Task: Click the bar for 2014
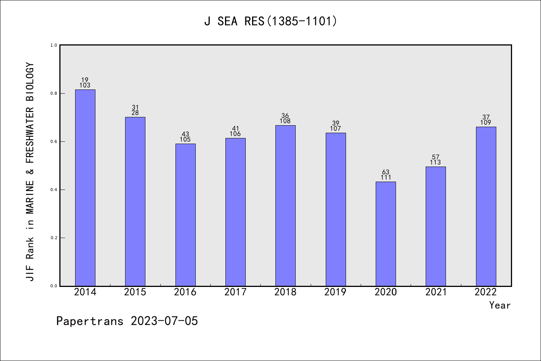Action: pyautogui.click(x=85, y=188)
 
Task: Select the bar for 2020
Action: pyautogui.click(x=385, y=234)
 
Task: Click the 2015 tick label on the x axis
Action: pyautogui.click(x=135, y=292)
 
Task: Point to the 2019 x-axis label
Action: pyautogui.click(x=335, y=292)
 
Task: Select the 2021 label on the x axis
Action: pyautogui.click(x=436, y=292)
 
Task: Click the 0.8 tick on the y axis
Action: pyautogui.click(x=54, y=93)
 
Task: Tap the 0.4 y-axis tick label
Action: pyautogui.click(x=54, y=190)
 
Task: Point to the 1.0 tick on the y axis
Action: pyautogui.click(x=54, y=45)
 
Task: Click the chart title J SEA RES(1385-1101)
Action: pyautogui.click(x=270, y=21)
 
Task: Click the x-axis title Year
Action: pyautogui.click(x=500, y=305)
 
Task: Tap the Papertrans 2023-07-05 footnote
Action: pyautogui.click(x=127, y=321)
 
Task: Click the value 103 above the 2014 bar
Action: pyautogui.click(x=85, y=85)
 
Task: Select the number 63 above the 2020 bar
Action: pyautogui.click(x=385, y=172)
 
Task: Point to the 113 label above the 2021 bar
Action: pyautogui.click(x=435, y=162)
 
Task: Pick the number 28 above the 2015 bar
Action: pyautogui.click(x=135, y=113)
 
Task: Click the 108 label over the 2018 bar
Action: pyautogui.click(x=285, y=121)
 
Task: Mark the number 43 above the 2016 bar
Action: pyautogui.click(x=185, y=134)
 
